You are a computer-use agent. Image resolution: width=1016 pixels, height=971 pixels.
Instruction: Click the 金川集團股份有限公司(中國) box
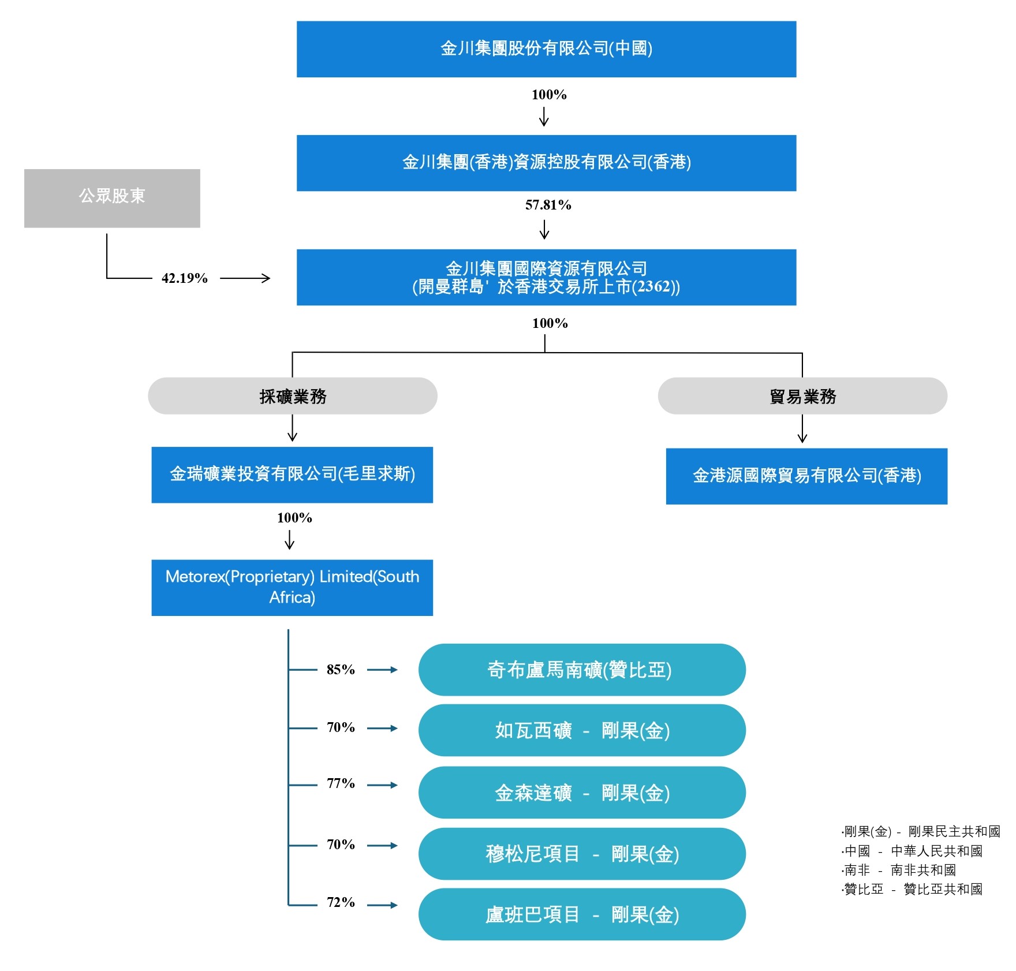tap(546, 49)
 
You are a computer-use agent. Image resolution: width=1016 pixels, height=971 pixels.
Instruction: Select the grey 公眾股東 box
tap(112, 198)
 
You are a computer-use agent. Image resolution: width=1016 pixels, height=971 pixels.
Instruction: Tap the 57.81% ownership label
tap(548, 205)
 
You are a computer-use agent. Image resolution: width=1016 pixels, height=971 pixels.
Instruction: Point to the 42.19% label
tap(185, 278)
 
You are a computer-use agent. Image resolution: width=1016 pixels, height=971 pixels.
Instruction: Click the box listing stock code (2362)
tap(546, 277)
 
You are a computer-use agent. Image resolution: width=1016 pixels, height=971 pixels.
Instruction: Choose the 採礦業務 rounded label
tap(293, 396)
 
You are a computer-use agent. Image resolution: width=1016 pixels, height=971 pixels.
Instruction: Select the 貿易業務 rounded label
tap(802, 396)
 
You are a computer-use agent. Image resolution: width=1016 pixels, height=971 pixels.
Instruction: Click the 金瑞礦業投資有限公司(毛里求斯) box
tap(292, 475)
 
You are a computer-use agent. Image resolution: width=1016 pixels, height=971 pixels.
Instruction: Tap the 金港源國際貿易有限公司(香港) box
tap(806, 476)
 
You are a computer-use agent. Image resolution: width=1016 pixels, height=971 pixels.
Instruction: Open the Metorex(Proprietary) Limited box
tap(292, 588)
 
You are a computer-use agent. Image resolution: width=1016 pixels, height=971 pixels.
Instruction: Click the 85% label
tap(341, 670)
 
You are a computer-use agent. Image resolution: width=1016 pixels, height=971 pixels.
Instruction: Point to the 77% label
tap(341, 783)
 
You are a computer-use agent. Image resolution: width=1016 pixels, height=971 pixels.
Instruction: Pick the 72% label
tap(341, 902)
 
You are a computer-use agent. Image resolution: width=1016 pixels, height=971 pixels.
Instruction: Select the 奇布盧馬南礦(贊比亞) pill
tap(582, 670)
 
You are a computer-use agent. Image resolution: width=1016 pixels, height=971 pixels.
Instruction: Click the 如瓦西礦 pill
tap(582, 730)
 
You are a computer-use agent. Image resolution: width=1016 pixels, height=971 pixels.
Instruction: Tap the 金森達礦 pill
tap(582, 793)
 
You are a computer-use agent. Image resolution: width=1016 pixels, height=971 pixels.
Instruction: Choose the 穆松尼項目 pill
tap(582, 854)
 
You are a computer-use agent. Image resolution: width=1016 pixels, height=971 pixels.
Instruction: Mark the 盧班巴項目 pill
tap(582, 914)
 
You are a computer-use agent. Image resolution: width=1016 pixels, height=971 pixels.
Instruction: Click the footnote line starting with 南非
tap(899, 870)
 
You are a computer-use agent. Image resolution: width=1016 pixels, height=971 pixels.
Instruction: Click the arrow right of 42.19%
tap(245, 278)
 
